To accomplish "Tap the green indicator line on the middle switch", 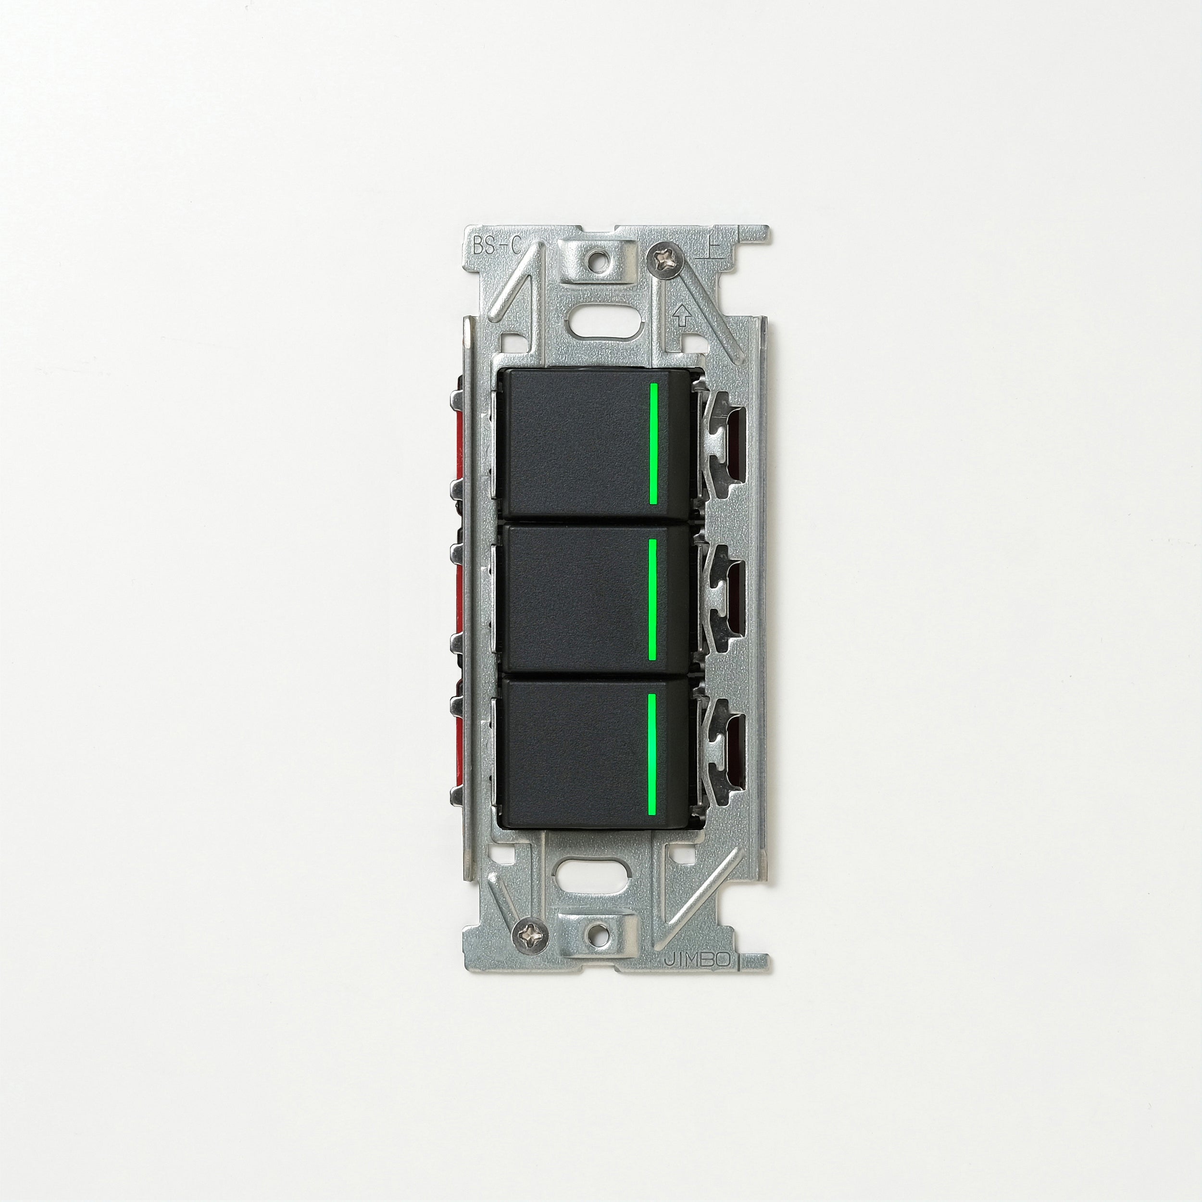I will [652, 599].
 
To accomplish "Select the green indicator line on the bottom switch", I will [651, 753].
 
